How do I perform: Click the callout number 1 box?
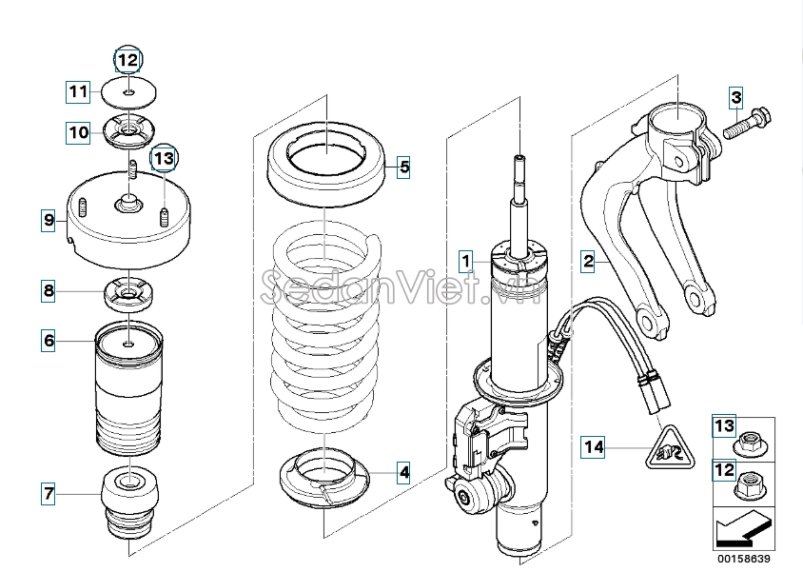coord(465,262)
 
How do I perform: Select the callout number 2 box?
coord(588,262)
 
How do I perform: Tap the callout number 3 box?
coord(735,97)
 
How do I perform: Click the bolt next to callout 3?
coord(747,123)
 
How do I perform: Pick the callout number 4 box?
coord(404,167)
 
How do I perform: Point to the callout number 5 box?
coord(49,341)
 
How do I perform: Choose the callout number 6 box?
coord(49,494)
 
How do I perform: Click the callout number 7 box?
coord(49,291)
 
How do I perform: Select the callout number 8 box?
coord(49,220)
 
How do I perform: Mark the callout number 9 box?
coord(78,132)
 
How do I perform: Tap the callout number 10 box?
coord(78,91)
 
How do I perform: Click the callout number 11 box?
coord(128,60)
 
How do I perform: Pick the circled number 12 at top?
coord(164,158)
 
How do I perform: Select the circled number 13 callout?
coord(594,447)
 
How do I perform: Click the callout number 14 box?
coord(670,448)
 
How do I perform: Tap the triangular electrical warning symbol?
coord(670,448)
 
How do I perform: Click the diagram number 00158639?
coord(744,559)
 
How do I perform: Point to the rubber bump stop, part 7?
coord(130,502)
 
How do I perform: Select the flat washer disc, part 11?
coord(128,92)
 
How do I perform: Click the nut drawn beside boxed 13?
coord(751,445)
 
